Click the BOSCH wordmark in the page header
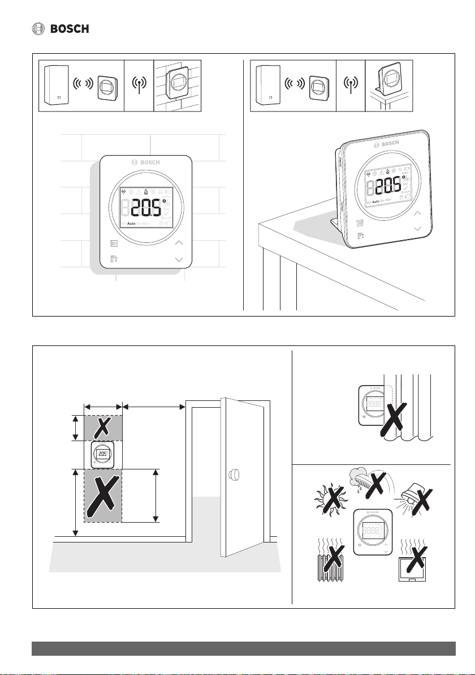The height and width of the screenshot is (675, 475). (x=70, y=29)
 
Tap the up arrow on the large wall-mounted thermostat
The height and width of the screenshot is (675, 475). (x=179, y=243)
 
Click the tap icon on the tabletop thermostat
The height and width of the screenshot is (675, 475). (x=360, y=237)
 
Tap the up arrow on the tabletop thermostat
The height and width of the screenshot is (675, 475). (x=417, y=213)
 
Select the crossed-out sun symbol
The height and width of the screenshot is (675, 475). (x=327, y=498)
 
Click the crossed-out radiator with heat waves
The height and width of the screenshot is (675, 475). (x=330, y=561)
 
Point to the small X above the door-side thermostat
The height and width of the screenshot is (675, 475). (x=102, y=428)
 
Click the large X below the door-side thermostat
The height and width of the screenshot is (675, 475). (x=103, y=495)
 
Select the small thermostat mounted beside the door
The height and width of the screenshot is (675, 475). (x=102, y=455)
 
